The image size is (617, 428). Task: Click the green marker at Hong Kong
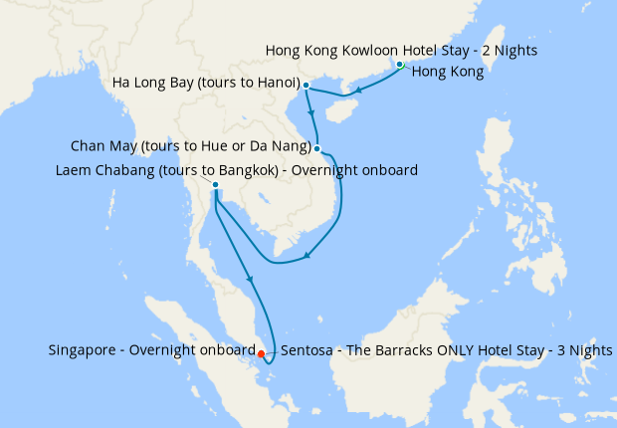[x=400, y=65]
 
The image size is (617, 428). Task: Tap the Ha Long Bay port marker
[x=306, y=85]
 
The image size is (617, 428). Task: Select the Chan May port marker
[x=317, y=149]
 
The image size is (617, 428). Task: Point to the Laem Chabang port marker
[x=215, y=184]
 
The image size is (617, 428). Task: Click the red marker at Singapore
[x=261, y=353]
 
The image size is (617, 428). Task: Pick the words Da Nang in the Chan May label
[x=281, y=148]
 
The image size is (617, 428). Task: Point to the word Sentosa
[x=310, y=351]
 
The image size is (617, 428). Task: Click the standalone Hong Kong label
[x=447, y=72]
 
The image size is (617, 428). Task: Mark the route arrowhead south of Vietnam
[x=307, y=257]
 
